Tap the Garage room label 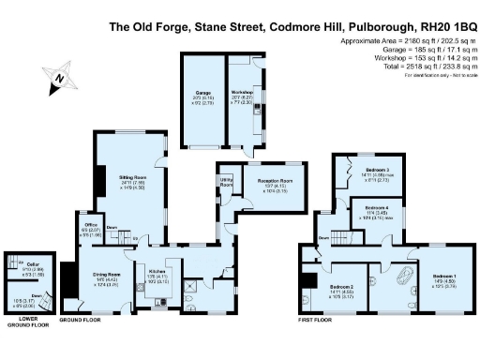202,92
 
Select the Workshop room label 241,92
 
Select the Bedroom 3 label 376,172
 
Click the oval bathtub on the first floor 410,280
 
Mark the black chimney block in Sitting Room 100,178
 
